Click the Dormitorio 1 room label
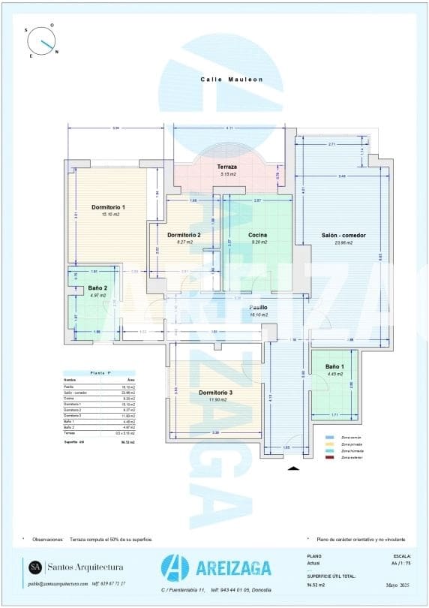coord(108,206)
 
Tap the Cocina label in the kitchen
coord(258,234)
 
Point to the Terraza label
coord(227,167)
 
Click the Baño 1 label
coord(334,366)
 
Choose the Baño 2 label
coord(97,287)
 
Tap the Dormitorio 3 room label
coord(215,393)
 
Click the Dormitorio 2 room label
coord(184,234)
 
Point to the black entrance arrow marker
coord(294,468)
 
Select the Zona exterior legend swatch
coord(329,458)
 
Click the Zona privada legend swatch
coord(329,444)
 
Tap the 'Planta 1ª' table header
coord(100,372)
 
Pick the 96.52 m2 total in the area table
coord(128,443)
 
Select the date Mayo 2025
coord(398,584)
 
